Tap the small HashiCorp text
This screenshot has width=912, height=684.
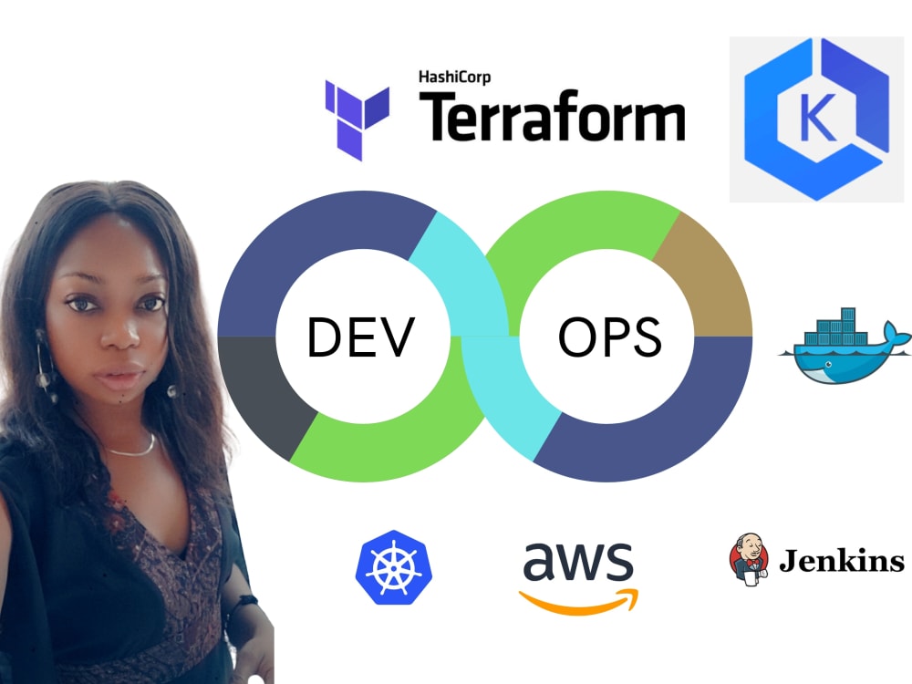454,78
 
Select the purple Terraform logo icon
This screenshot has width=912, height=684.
358,119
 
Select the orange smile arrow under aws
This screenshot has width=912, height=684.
580,598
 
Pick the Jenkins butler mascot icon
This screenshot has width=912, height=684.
748,557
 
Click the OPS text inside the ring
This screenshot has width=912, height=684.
610,337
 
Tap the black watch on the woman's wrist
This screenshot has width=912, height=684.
244,606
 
